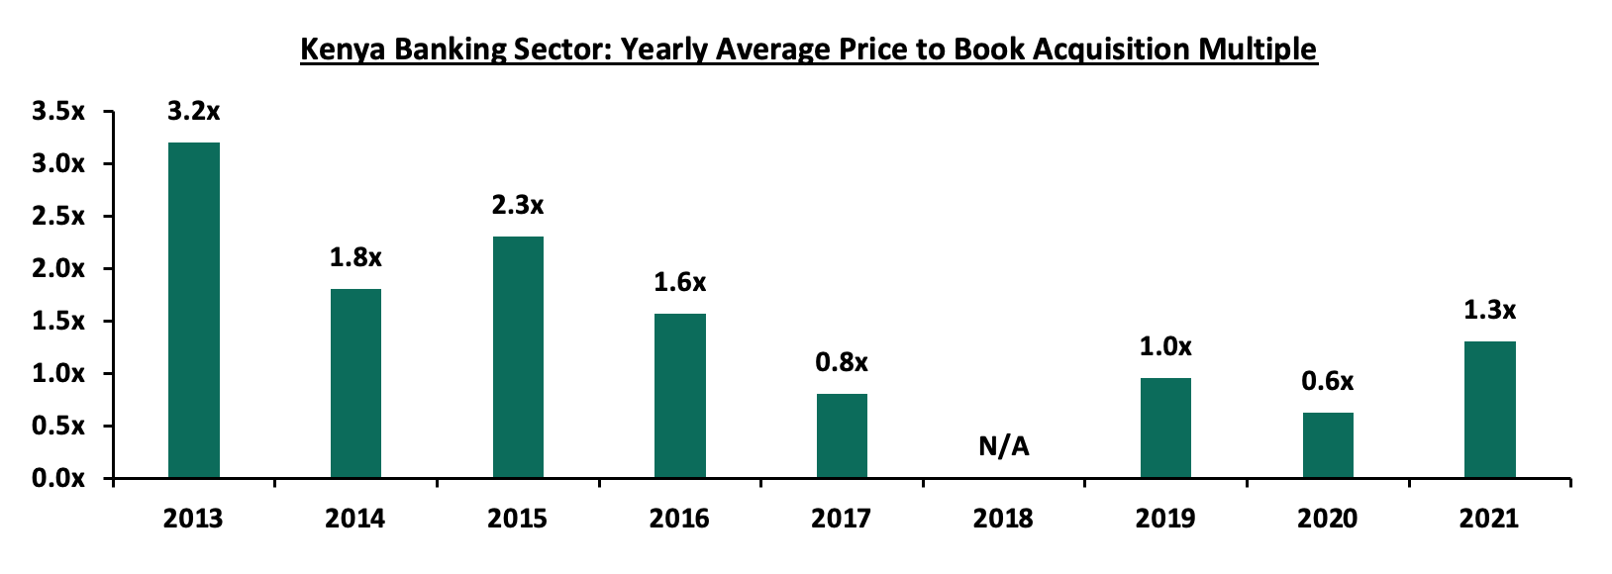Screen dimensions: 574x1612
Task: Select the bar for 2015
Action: click(518, 356)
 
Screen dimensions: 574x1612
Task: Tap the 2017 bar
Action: click(842, 435)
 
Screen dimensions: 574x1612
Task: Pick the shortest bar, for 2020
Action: click(1328, 445)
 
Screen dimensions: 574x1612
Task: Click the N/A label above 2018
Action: click(1004, 447)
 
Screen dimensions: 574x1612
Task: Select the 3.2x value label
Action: click(194, 112)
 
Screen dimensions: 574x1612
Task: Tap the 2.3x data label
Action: click(518, 206)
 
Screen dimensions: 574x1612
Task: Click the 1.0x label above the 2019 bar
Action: click(1165, 346)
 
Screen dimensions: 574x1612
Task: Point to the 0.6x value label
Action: click(1328, 381)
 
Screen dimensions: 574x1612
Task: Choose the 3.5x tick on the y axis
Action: click(58, 112)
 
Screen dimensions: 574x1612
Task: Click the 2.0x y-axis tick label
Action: click(58, 269)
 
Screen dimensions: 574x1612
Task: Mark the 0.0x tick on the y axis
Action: click(58, 479)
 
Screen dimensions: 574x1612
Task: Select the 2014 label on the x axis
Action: click(355, 519)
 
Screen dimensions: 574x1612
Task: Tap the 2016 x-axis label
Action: click(679, 519)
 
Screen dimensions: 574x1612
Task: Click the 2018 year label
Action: click(1003, 519)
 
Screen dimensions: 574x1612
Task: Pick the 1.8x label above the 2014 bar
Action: click(355, 258)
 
